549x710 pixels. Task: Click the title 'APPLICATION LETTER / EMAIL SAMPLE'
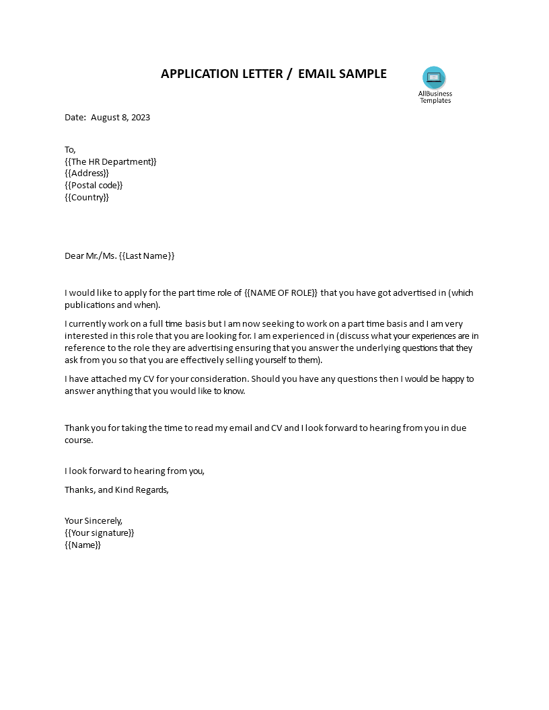click(273, 74)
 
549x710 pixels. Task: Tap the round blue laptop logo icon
click(434, 77)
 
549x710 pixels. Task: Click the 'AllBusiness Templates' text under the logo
click(435, 97)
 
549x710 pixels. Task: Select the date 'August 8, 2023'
click(120, 117)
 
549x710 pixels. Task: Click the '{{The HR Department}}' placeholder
click(110, 161)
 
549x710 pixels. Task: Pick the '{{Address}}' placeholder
click(87, 173)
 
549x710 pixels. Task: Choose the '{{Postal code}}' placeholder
click(94, 186)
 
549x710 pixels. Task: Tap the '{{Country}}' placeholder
click(87, 198)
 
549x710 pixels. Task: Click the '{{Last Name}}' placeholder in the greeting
click(147, 255)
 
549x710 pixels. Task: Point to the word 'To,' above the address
click(71, 149)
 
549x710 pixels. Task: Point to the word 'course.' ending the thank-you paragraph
click(79, 440)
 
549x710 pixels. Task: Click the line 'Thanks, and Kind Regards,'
click(116, 489)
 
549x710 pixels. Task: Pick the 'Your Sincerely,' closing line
click(94, 520)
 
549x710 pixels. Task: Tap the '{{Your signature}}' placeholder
click(100, 532)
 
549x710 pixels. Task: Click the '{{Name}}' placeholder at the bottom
click(83, 545)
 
